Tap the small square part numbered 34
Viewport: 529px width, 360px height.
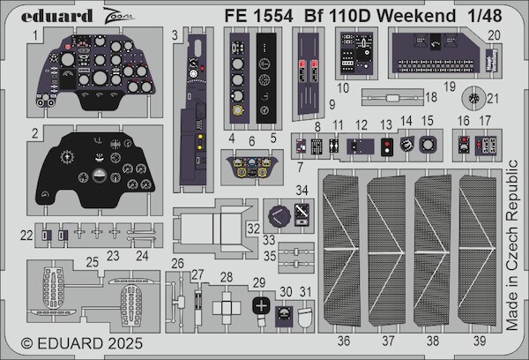(x=302, y=213)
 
